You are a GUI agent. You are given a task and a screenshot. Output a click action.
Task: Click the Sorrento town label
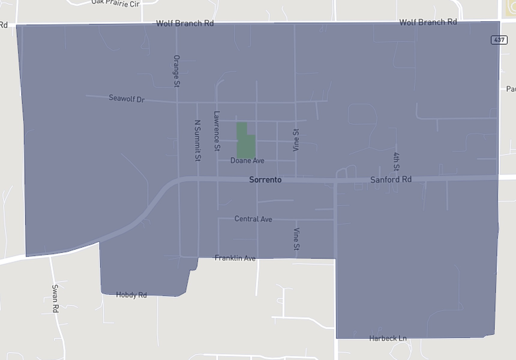tap(265, 180)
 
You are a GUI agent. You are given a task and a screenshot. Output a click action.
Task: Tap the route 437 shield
tap(499, 40)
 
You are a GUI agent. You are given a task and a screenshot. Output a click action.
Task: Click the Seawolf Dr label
tap(127, 98)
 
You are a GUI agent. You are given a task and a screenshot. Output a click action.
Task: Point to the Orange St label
tap(177, 71)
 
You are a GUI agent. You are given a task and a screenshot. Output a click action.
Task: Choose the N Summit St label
tap(197, 140)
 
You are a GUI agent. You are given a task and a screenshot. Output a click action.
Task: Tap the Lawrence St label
tap(217, 131)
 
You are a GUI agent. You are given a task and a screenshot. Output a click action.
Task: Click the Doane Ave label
tap(247, 160)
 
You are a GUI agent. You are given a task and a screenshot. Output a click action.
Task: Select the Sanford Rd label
tap(391, 179)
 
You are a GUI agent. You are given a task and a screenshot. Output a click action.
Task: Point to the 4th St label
tap(396, 162)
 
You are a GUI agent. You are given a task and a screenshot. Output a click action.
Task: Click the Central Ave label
tap(253, 219)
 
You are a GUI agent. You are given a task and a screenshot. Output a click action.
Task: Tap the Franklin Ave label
tap(235, 258)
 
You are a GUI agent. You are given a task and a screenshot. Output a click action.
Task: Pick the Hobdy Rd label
tap(131, 295)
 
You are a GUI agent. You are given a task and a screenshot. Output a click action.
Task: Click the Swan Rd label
tap(55, 298)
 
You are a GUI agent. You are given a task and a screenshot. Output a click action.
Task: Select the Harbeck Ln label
tap(388, 338)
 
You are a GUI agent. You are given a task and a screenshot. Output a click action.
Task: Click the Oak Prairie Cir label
tap(116, 3)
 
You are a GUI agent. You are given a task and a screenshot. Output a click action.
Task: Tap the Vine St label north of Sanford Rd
tap(296, 140)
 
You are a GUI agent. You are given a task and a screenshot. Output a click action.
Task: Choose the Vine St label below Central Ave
tap(296, 239)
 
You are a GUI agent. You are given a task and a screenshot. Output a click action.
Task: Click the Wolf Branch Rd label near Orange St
tap(185, 23)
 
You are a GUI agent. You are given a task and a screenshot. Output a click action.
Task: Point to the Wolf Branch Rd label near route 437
tap(428, 22)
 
